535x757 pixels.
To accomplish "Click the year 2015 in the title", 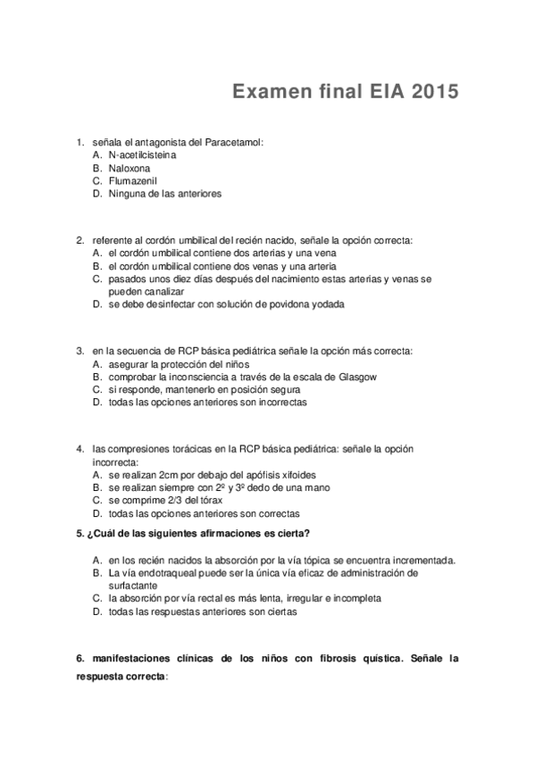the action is tap(435, 92).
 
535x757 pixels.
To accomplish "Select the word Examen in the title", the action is tap(263, 92).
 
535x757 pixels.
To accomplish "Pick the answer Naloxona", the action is tap(130, 168).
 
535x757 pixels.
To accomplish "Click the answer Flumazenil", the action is tap(132, 180).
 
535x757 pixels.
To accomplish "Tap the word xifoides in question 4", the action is tap(297, 475).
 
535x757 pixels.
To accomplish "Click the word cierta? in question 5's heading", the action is tap(290, 534).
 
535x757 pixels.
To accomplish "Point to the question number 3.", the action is tap(79, 352).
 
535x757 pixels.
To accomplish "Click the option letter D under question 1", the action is tap(96, 193).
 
